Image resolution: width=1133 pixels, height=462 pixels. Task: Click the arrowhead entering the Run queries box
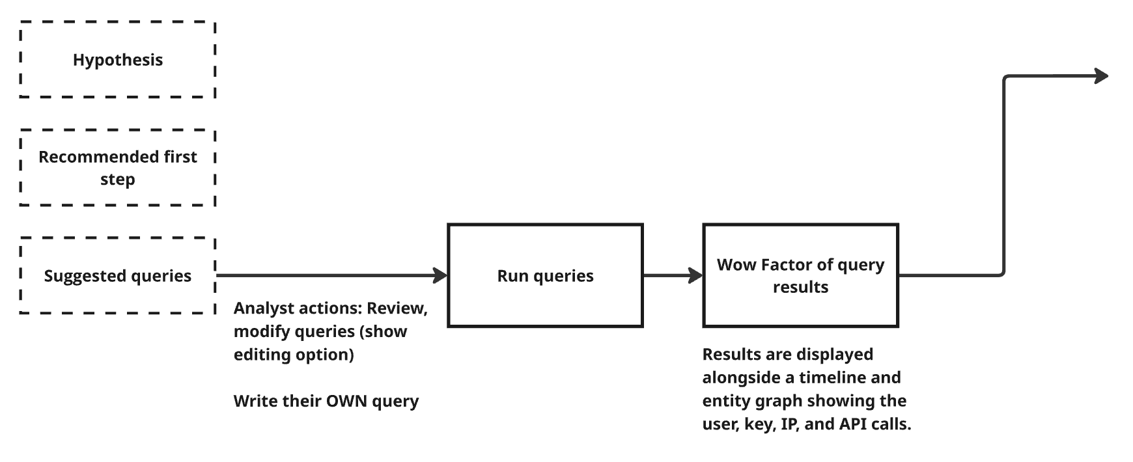pos(441,275)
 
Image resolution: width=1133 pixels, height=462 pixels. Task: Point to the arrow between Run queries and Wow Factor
pos(673,275)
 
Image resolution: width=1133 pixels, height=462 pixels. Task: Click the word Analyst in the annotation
pos(259,308)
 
